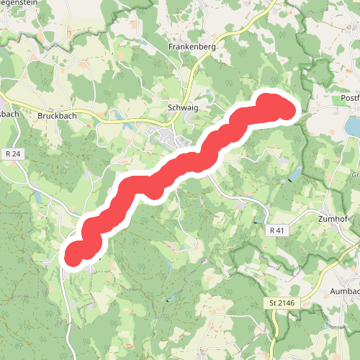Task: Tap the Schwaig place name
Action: point(182,107)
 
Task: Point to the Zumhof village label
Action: point(333,218)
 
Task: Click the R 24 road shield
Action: point(12,153)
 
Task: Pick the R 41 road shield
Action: point(277,230)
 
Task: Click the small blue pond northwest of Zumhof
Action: point(294,175)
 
